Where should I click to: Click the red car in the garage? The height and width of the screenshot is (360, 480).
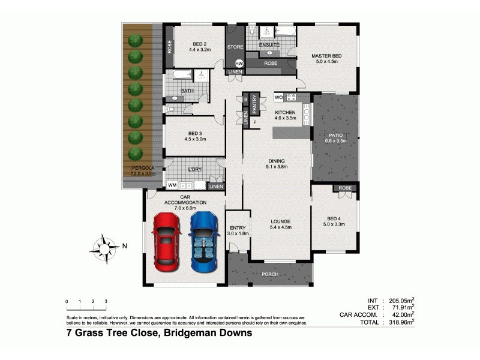[166, 240]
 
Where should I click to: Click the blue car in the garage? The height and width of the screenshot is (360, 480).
[202, 240]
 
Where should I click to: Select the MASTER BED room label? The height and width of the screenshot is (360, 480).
[326, 56]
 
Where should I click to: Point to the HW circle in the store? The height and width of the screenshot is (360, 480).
[239, 63]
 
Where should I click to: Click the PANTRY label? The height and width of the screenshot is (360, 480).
[254, 103]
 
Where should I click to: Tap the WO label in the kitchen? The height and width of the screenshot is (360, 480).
[278, 97]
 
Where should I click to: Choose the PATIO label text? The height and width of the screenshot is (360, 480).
[334, 136]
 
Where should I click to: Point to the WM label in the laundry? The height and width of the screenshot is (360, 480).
[172, 185]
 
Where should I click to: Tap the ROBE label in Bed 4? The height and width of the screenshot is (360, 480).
[345, 188]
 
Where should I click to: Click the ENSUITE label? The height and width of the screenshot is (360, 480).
[269, 44]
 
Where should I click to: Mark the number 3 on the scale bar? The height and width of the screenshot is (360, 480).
[106, 301]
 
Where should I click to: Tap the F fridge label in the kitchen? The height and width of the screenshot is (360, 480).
[255, 123]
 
